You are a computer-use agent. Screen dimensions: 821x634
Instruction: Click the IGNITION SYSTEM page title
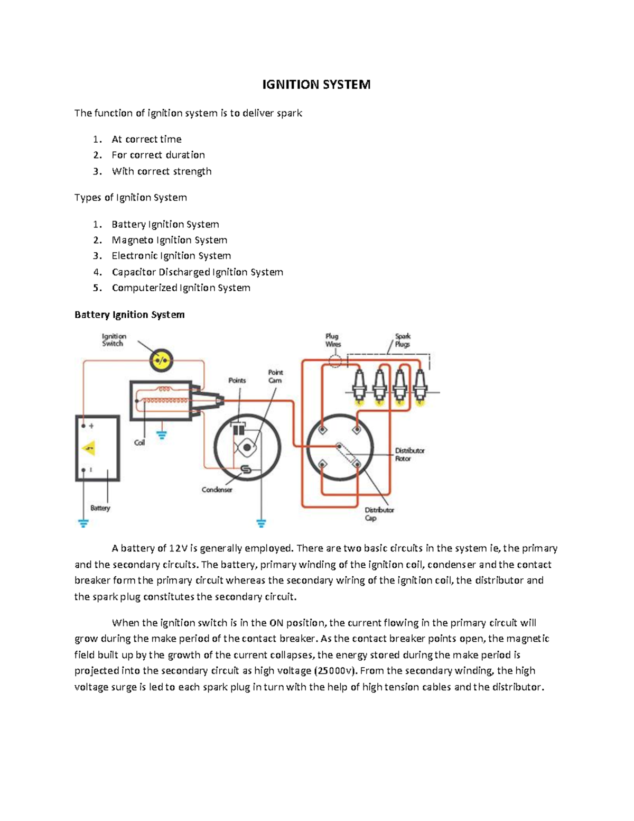tap(316, 85)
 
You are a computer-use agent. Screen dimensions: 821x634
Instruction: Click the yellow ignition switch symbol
tap(161, 361)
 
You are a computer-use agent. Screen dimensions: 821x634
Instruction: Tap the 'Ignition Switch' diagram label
tap(114, 340)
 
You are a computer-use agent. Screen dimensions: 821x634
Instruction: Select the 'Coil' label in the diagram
tap(139, 442)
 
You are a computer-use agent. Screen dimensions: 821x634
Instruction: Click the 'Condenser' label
tap(217, 490)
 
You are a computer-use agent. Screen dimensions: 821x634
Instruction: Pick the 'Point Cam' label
tap(275, 376)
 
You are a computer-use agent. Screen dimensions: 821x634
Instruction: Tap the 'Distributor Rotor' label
tap(409, 455)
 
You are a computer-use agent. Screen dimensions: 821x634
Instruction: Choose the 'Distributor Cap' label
tap(379, 514)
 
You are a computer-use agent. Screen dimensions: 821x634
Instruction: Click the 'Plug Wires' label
tap(333, 340)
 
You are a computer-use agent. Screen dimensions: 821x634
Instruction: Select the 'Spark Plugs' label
tap(403, 340)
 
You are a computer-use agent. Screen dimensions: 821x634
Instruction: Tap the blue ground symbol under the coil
tap(162, 436)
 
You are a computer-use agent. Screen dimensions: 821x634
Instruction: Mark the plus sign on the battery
tap(91, 426)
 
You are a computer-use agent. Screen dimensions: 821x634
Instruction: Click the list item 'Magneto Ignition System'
tap(169, 240)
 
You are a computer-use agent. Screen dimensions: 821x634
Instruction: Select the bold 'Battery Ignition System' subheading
tap(129, 315)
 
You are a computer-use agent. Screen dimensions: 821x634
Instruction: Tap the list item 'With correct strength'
tap(161, 171)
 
